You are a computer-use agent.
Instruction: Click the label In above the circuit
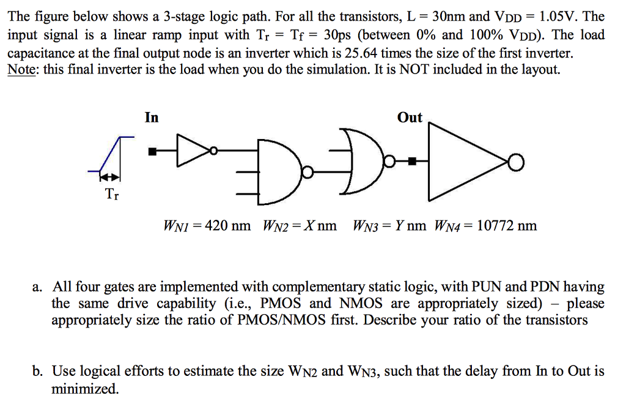pos(152,117)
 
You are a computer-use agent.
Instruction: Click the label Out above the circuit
pos(410,117)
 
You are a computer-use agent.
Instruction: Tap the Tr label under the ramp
pos(111,195)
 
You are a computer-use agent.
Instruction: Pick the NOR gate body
pos(361,165)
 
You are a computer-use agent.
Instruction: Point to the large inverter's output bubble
pos(517,162)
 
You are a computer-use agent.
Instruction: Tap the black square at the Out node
pos(413,162)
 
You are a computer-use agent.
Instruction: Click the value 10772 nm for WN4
pos(506,226)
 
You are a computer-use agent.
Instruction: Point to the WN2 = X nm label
pos(300,226)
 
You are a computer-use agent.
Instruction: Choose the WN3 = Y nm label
pos(389,226)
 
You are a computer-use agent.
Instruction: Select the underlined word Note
pos(21,69)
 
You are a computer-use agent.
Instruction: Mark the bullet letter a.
pos(38,287)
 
